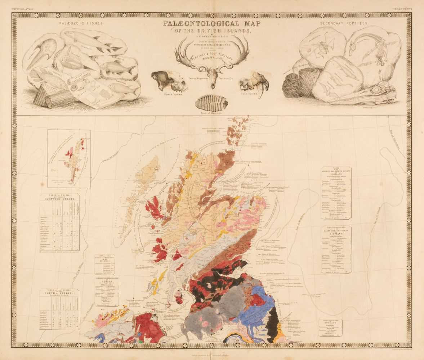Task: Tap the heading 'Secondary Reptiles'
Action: pyautogui.click(x=344, y=23)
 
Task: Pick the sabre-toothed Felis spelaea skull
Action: pyautogui.click(x=255, y=82)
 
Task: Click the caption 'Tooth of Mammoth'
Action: pyautogui.click(x=212, y=113)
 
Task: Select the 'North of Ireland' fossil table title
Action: pyautogui.click(x=59, y=295)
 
